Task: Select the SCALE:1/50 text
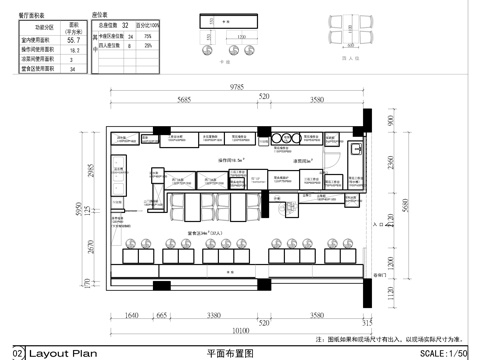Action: point(447,353)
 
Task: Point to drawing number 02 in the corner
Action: point(17,353)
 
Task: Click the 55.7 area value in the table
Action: point(71,40)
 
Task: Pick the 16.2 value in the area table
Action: point(71,51)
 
